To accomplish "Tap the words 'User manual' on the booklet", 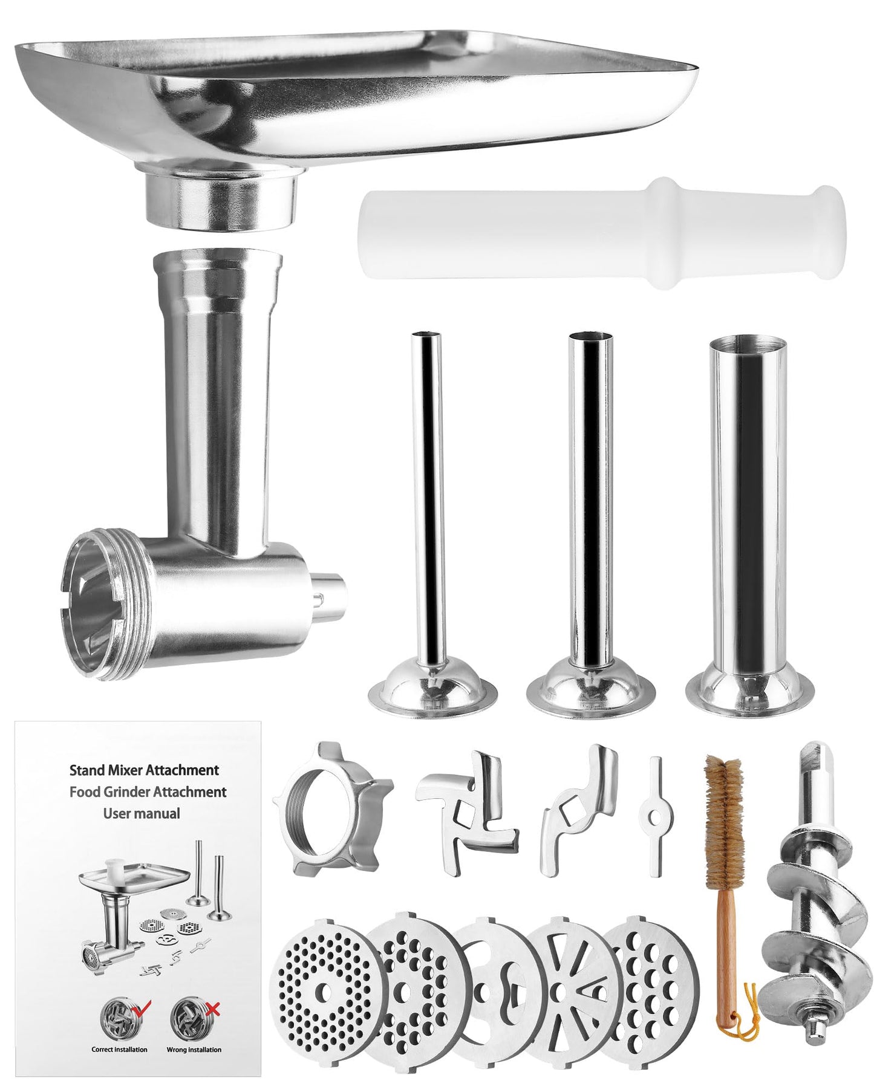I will point(142,814).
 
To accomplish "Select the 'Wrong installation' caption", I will point(194,1050).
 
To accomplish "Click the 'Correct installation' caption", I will point(119,1050).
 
